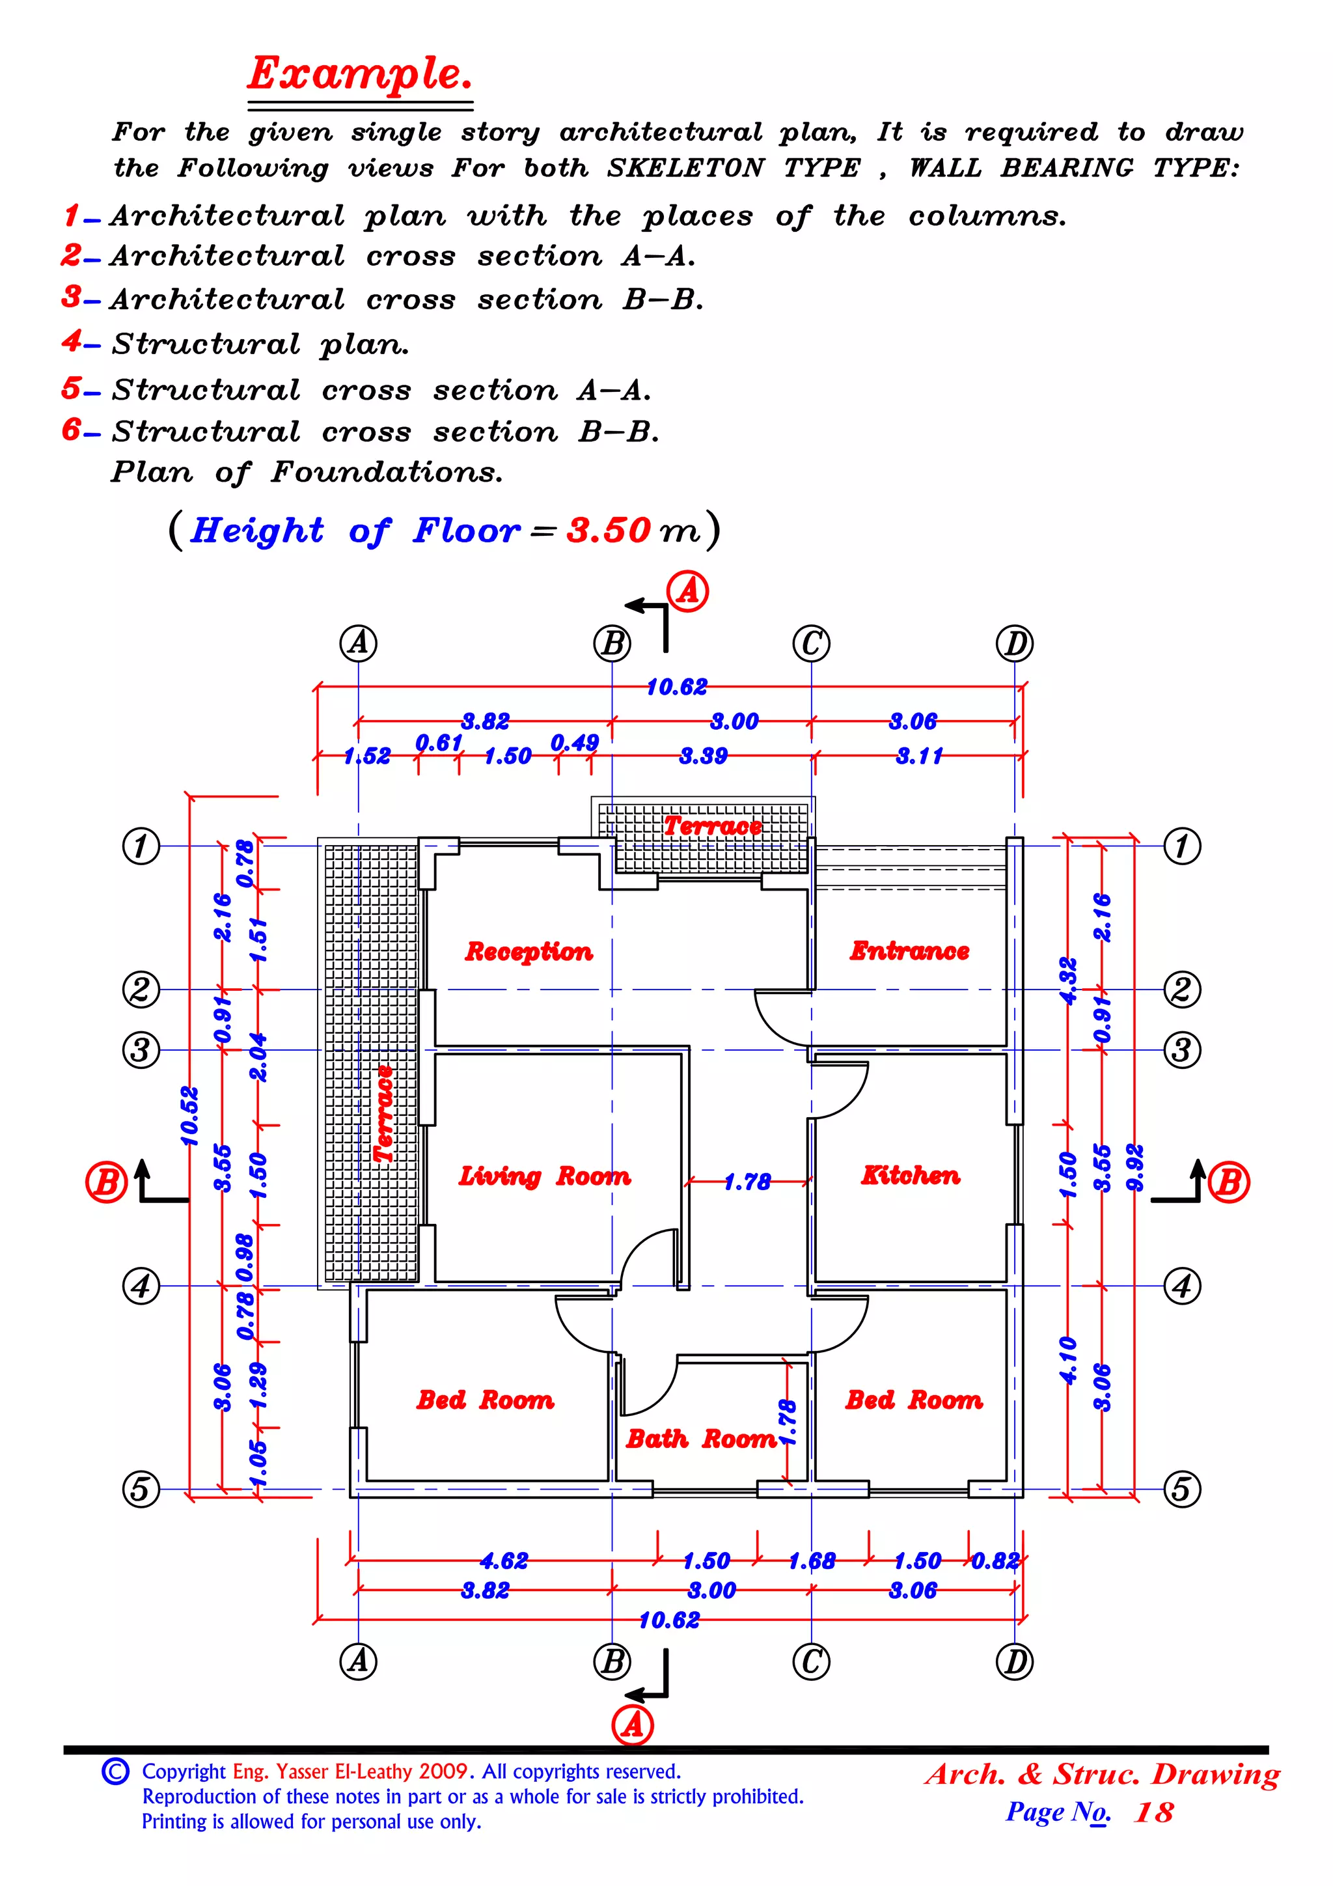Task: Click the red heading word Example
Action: tap(360, 74)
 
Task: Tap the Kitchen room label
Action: tap(910, 1176)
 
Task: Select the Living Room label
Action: tap(545, 1176)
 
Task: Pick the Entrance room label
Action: tap(909, 950)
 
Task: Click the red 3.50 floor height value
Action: tap(608, 531)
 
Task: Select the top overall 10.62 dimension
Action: tap(676, 687)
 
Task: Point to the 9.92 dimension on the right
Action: tap(1135, 1167)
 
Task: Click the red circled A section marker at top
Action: tap(687, 591)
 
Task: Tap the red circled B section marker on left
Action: tap(106, 1182)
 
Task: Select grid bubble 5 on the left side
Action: tap(141, 1488)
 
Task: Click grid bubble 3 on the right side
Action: tap(1181, 1050)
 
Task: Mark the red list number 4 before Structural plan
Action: tap(72, 341)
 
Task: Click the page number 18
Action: tap(1153, 1812)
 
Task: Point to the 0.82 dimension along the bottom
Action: tap(995, 1560)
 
